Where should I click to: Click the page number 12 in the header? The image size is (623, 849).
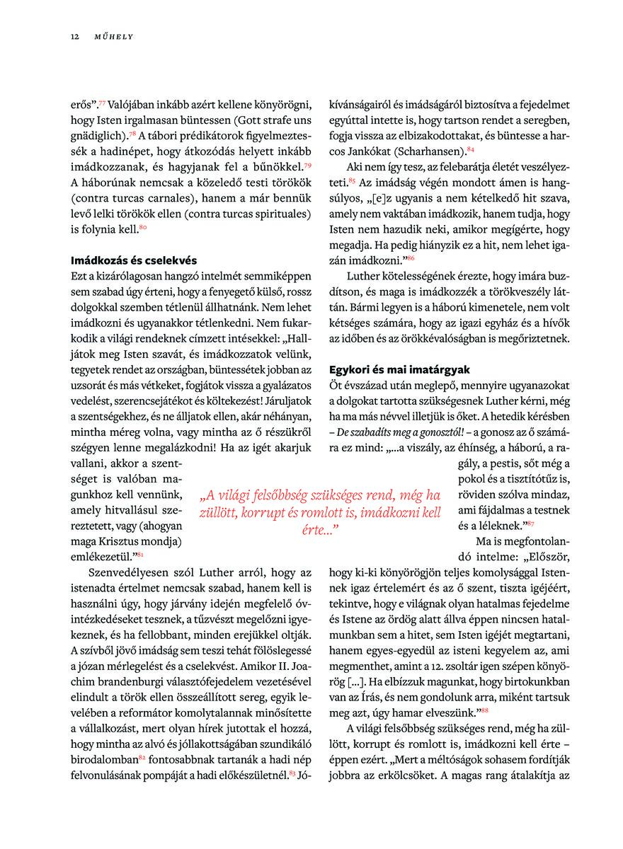[x=74, y=36]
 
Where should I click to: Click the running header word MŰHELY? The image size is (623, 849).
[x=114, y=36]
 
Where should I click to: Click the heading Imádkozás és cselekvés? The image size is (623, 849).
[x=134, y=260]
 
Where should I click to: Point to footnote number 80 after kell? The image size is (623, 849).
[x=143, y=226]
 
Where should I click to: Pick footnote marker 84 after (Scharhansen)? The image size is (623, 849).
[x=471, y=149]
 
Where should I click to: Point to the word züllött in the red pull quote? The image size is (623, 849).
[x=220, y=512]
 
